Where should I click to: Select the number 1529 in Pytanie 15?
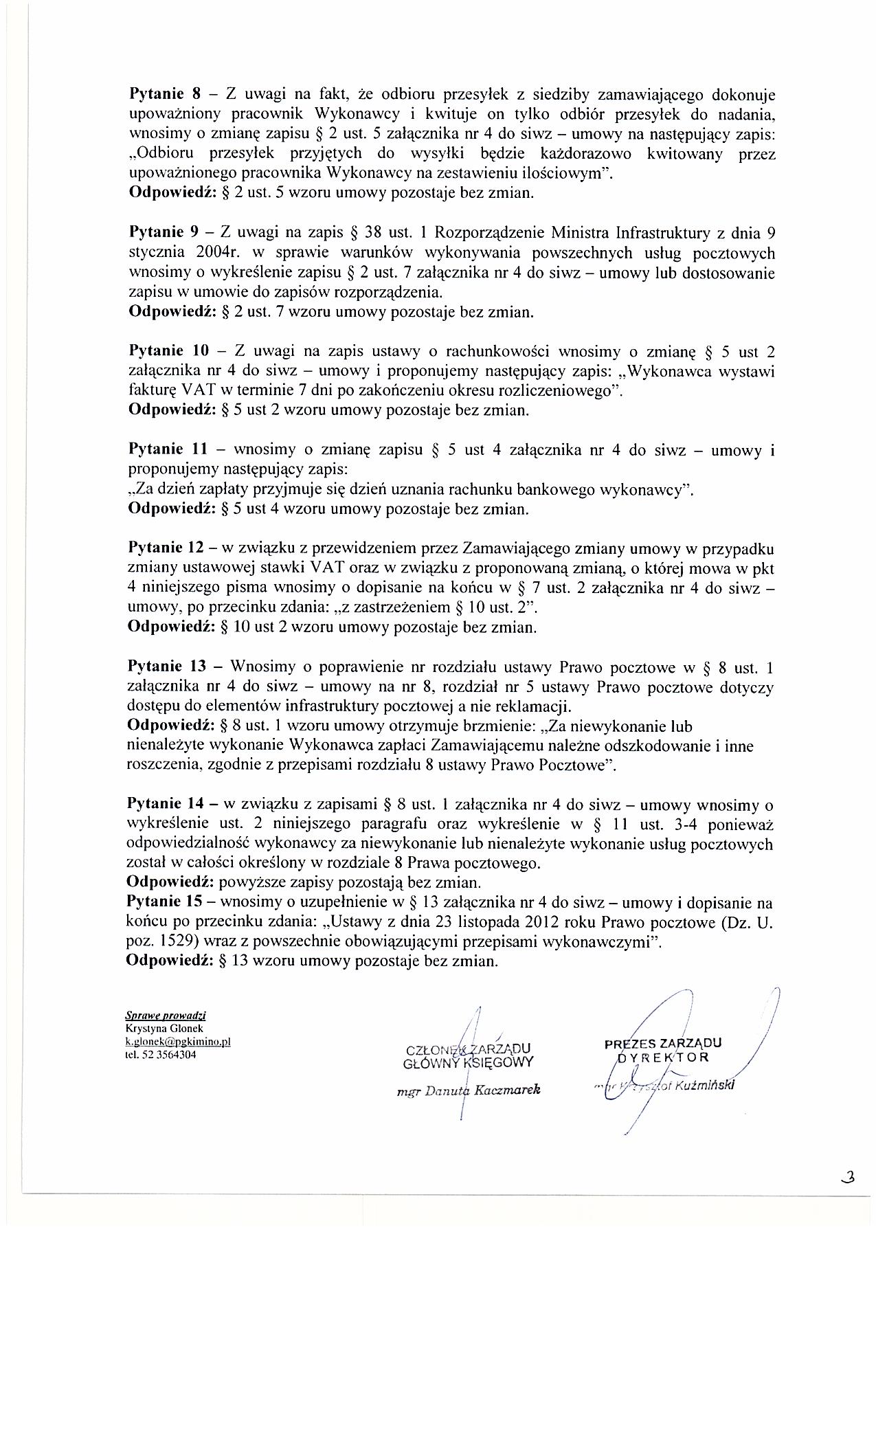(170, 942)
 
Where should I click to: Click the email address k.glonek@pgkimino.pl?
(177, 1041)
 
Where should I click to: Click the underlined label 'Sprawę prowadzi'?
(166, 1016)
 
